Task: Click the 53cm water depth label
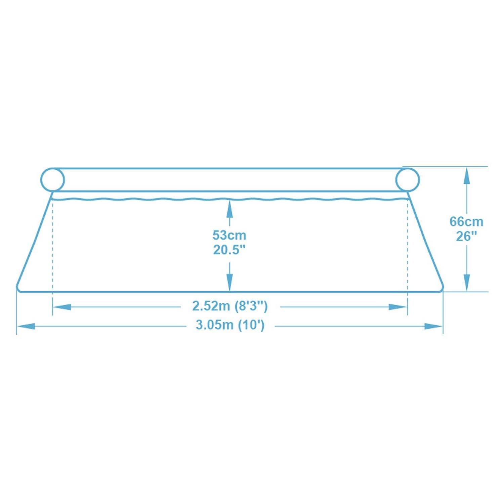[x=229, y=235]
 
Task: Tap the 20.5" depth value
[x=229, y=250]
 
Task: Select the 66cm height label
[x=466, y=222]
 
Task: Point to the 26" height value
[x=466, y=237]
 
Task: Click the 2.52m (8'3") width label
[x=230, y=306]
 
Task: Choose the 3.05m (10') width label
[x=230, y=326]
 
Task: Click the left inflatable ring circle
[x=52, y=179]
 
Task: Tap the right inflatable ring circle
[x=407, y=179]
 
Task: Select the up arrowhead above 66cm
[x=466, y=176]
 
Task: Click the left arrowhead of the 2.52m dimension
[x=62, y=307]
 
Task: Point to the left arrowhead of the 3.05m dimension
[x=26, y=326]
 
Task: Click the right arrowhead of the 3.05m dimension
[x=433, y=326]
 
